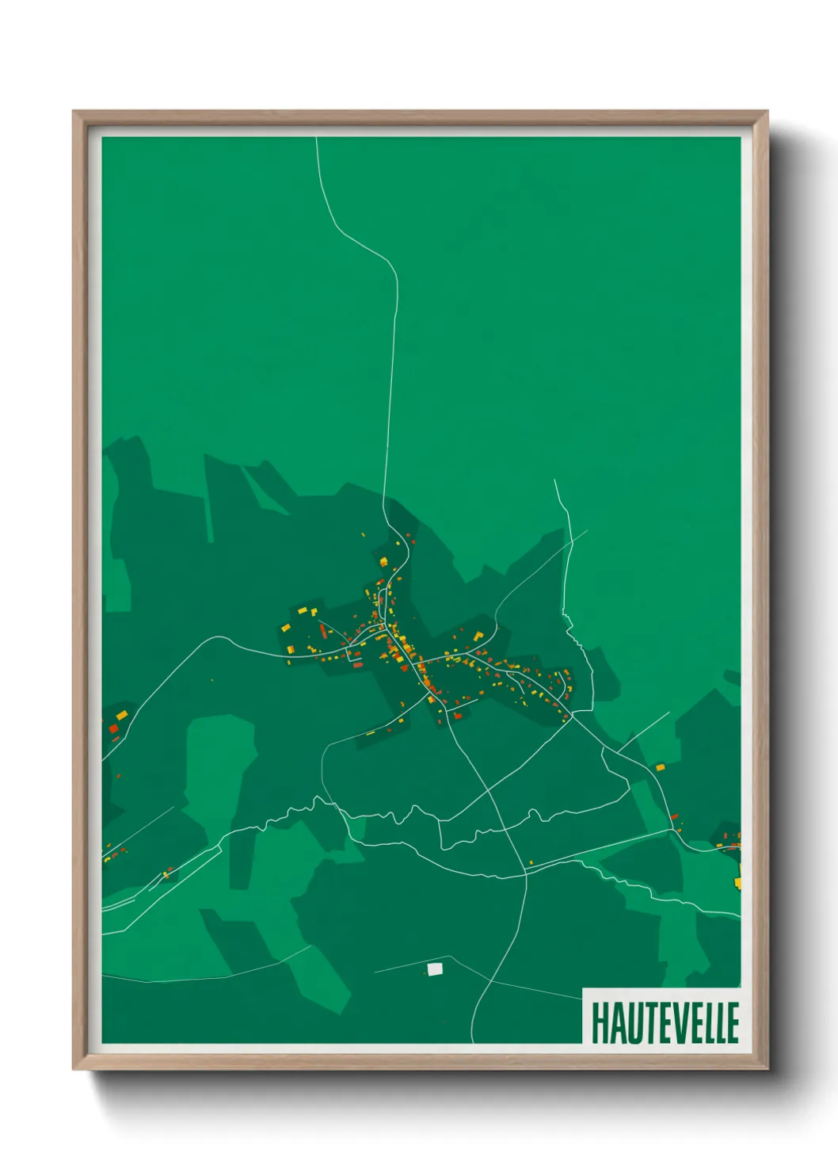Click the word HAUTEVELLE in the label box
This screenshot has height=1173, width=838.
665,1023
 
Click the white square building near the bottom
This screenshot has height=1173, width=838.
434,969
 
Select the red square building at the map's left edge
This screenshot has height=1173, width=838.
113,728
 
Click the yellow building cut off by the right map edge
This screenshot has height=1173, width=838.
737,881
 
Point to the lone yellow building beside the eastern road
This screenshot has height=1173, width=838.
660,767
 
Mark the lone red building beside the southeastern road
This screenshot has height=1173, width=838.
674,816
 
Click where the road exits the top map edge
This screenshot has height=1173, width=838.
317,139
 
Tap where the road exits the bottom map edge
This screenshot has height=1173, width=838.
473,1041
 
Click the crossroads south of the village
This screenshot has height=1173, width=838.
524,872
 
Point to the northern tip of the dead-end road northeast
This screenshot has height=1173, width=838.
554,480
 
